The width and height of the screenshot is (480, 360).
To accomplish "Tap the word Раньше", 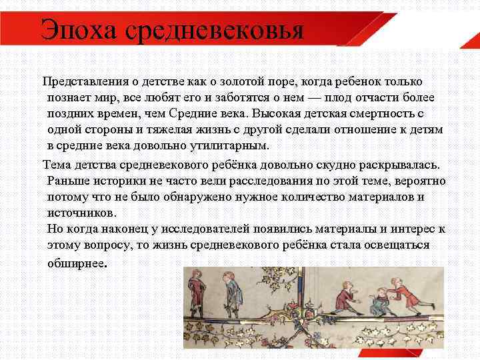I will tap(69, 181).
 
